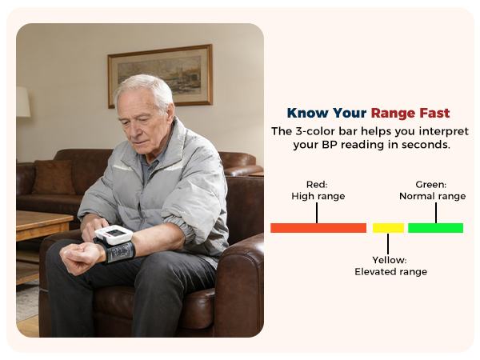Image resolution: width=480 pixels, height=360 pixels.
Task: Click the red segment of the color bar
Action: (318, 228)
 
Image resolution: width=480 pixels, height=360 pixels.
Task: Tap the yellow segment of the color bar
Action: (388, 228)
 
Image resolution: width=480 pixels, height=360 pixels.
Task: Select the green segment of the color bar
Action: (435, 228)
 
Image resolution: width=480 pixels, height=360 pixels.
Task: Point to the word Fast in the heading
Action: (434, 113)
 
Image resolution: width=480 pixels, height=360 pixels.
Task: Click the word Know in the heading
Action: (307, 113)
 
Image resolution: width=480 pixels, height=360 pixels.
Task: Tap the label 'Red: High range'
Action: (318, 190)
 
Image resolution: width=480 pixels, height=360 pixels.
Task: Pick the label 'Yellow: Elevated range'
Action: (390, 266)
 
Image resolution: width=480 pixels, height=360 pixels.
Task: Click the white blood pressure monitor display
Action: (115, 235)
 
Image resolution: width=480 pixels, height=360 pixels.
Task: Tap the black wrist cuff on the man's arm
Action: (120, 253)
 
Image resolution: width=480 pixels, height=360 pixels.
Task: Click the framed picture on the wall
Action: (160, 75)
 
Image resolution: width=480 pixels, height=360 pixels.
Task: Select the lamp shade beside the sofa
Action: (22, 102)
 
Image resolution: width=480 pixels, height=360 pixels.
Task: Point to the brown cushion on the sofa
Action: (54, 177)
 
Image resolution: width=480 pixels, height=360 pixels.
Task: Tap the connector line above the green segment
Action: (435, 212)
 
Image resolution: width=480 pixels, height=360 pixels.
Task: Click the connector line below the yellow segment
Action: (388, 242)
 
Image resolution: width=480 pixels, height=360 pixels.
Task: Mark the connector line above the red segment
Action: (318, 212)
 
